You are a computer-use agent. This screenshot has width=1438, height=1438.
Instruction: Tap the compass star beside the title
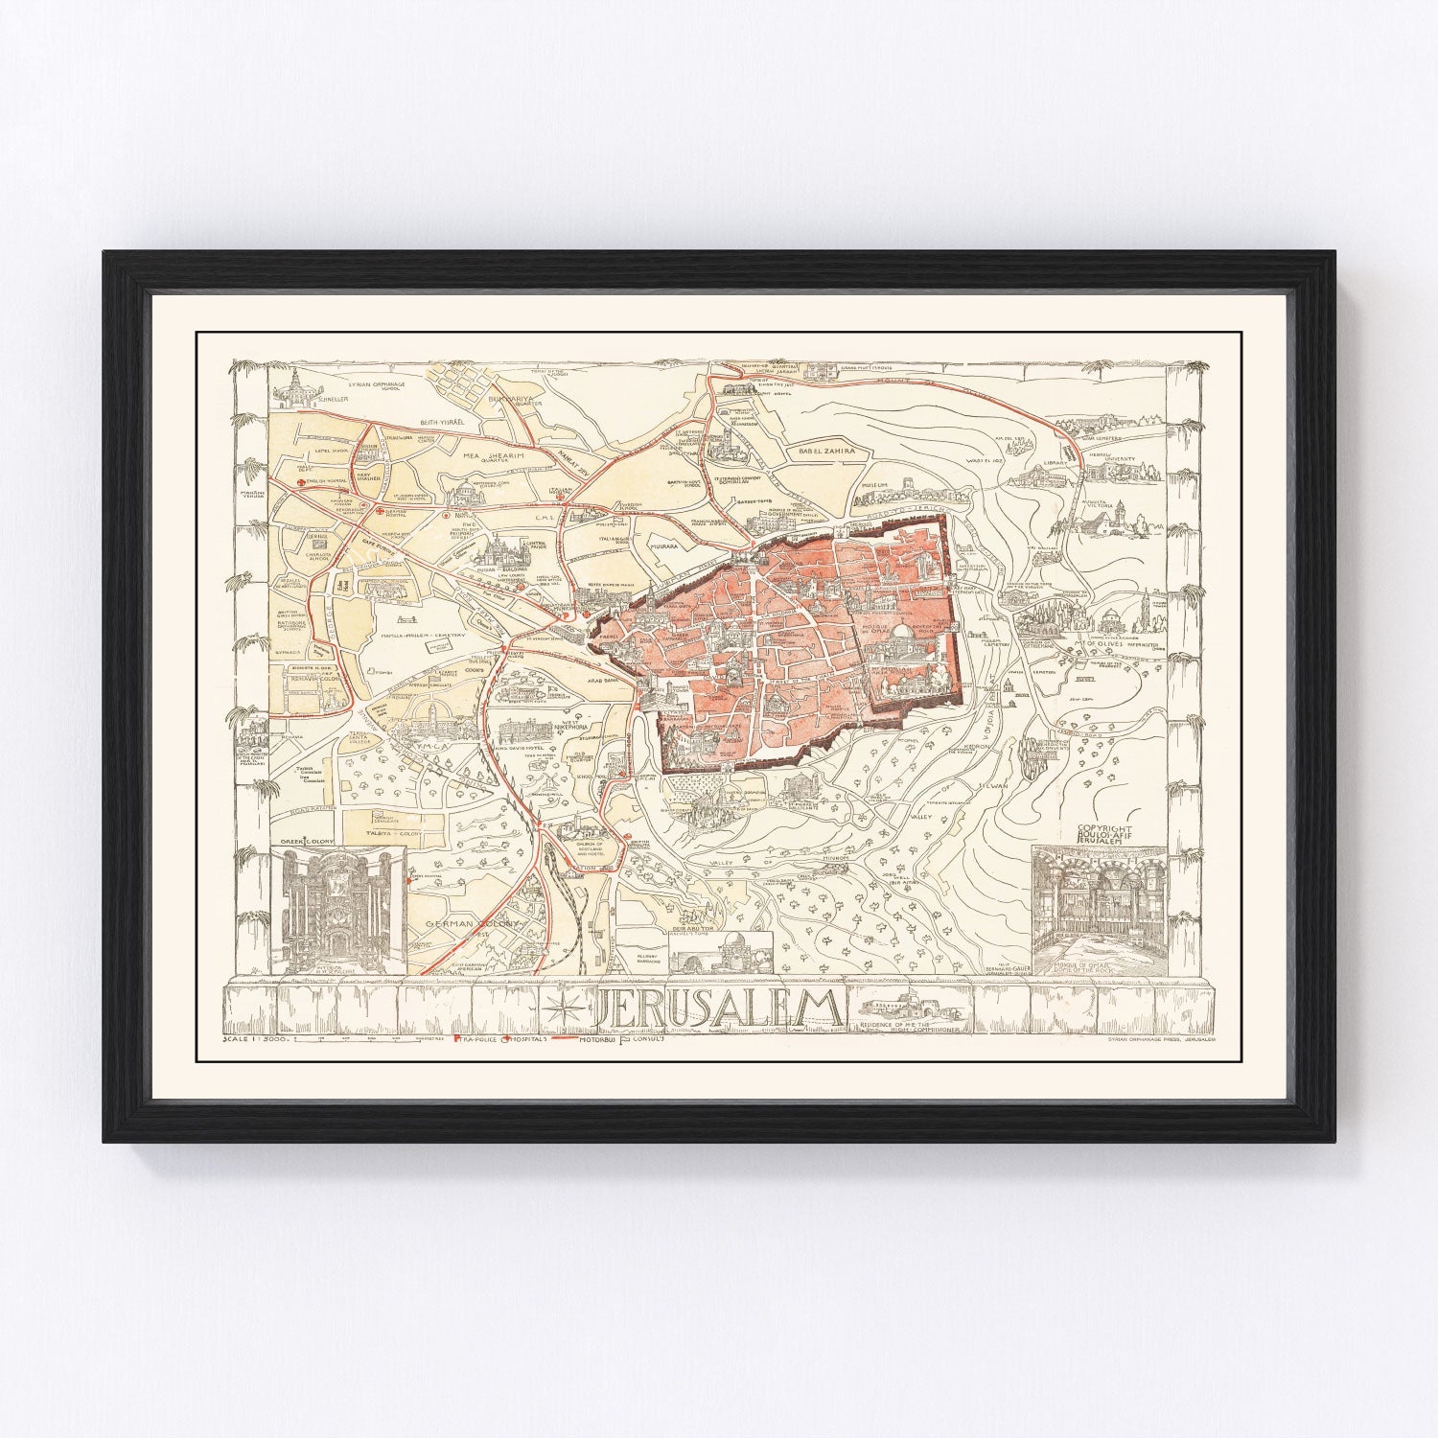(563, 1008)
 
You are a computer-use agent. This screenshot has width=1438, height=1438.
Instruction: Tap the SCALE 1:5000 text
(255, 1038)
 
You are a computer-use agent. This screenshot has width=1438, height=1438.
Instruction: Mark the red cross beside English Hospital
(301, 484)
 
